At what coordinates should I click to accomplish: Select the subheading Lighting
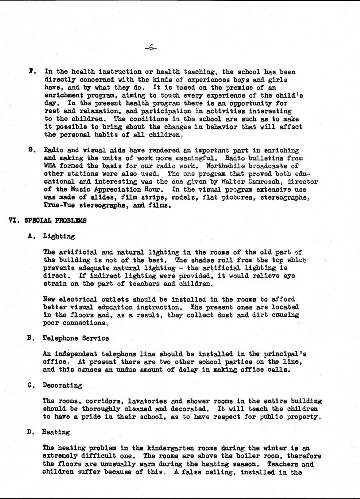point(59,236)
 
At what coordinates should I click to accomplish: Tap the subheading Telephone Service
point(76,338)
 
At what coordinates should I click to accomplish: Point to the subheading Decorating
point(62,385)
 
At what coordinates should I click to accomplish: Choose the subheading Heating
point(56,432)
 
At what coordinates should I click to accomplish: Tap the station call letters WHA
point(50,166)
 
